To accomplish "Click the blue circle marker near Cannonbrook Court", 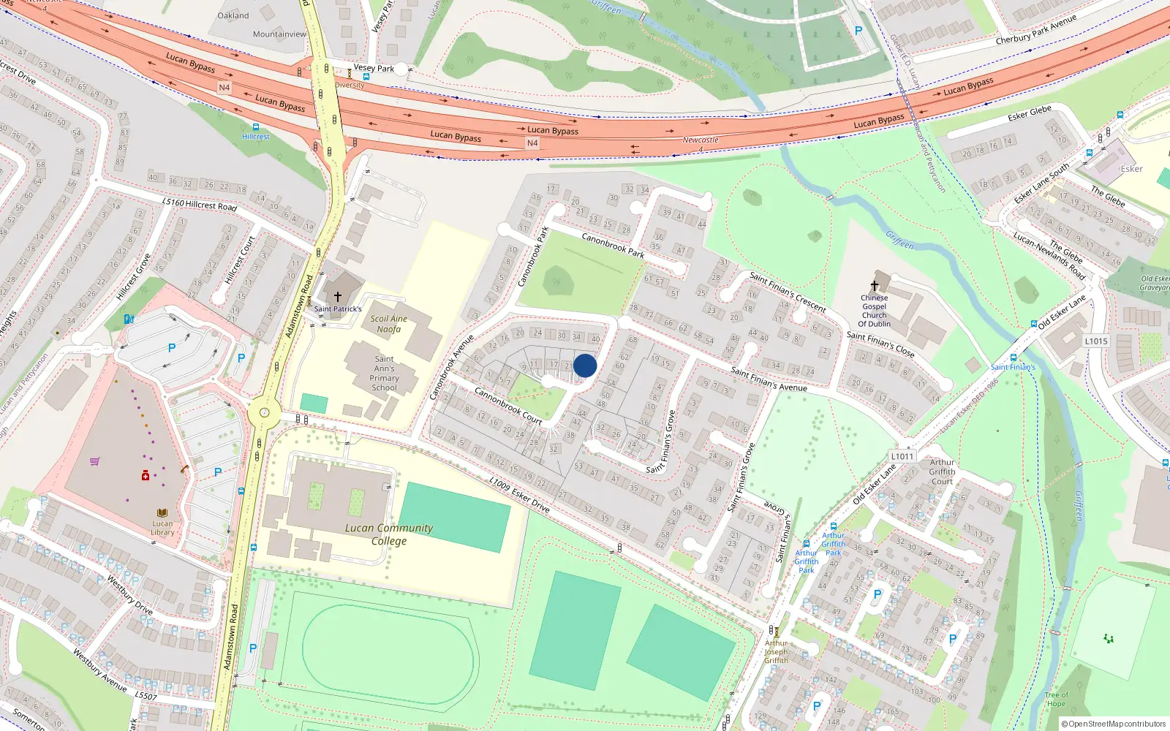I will coord(585,365).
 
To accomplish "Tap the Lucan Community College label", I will coord(388,534).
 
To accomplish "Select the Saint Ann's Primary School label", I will coord(384,373).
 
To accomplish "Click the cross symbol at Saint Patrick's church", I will coord(337,297).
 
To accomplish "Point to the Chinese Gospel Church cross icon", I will coord(874,286).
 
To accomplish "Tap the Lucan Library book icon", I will coord(162,513).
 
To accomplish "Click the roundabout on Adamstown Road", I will coord(264,414).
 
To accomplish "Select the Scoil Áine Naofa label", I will coord(388,324).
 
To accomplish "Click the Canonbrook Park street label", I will coord(613,246).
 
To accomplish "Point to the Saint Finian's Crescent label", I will coord(787,292).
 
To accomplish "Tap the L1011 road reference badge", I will coord(902,456).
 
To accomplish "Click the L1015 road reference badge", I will coord(1095,341).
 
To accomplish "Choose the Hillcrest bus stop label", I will coord(256,137).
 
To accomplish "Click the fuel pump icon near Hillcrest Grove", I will coord(129,319).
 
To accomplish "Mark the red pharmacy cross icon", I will coord(146,476).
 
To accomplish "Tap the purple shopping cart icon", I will coord(94,461).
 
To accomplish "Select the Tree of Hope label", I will coord(1056,699).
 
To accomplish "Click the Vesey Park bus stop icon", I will coord(366,76).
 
